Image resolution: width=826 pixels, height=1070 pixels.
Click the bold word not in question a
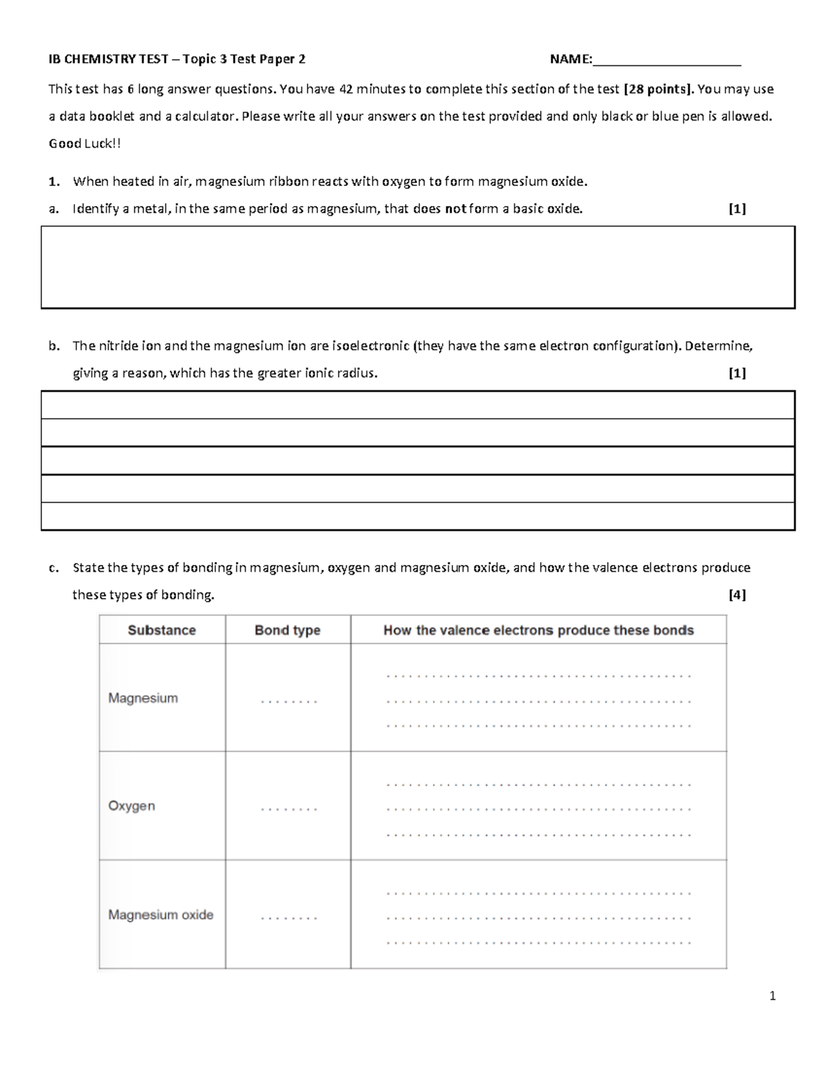[x=456, y=209]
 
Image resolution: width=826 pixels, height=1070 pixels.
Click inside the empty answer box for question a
[x=418, y=267]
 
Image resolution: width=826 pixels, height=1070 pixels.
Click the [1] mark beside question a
[x=737, y=209]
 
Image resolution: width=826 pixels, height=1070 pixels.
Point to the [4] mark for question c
[x=737, y=595]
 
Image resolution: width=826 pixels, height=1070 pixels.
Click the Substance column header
[x=162, y=630]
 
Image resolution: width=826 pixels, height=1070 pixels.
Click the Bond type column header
[x=287, y=630]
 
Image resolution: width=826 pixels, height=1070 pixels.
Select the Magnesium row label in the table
[x=142, y=698]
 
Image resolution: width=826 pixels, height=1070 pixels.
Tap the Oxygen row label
[x=131, y=805]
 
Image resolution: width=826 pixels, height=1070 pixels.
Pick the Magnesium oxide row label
[x=160, y=915]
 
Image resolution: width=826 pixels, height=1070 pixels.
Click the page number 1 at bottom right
[x=773, y=996]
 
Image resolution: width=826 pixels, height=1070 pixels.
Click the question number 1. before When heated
[x=54, y=182]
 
